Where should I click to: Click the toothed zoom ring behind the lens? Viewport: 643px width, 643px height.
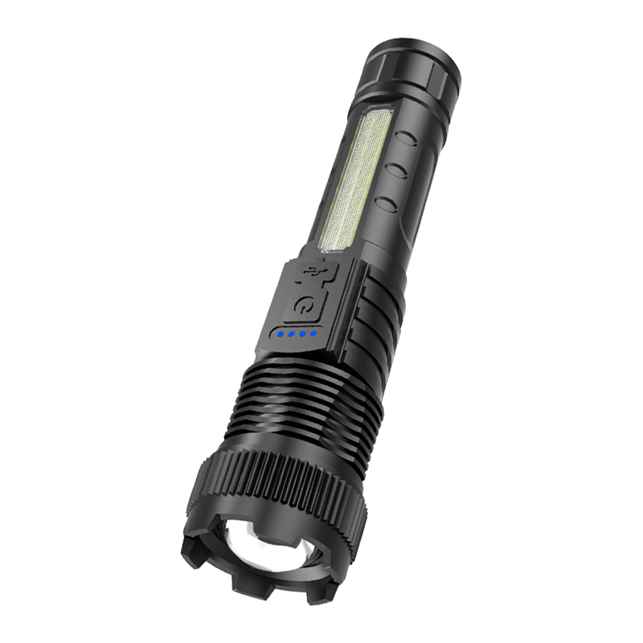coord(273,482)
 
